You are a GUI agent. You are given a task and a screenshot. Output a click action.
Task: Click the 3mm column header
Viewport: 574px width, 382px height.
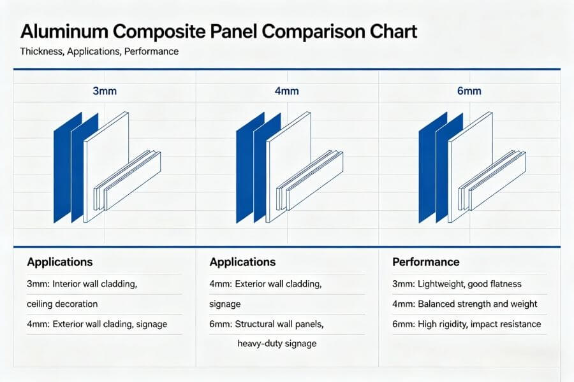[105, 91]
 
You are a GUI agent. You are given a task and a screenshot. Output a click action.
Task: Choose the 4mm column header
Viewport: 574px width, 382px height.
[287, 91]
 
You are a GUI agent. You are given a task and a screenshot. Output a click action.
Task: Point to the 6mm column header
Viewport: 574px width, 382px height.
[469, 91]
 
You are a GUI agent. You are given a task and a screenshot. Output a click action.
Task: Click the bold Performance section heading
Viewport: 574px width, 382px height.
[425, 262]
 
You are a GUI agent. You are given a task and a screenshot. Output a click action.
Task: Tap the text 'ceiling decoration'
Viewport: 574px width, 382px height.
[63, 304]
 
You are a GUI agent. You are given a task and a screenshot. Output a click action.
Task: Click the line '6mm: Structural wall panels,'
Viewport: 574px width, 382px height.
[267, 324]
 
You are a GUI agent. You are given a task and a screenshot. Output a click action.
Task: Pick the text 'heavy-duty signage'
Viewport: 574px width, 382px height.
[277, 344]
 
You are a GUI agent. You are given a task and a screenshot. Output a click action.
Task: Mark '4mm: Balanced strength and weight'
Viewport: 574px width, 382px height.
[465, 304]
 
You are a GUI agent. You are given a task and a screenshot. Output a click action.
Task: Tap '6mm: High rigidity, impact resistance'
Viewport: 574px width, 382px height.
[467, 324]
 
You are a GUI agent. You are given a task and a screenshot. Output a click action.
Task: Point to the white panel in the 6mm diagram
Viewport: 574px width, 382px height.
[472, 159]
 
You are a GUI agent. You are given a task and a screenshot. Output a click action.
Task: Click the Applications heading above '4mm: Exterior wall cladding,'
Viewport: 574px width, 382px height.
[242, 262]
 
